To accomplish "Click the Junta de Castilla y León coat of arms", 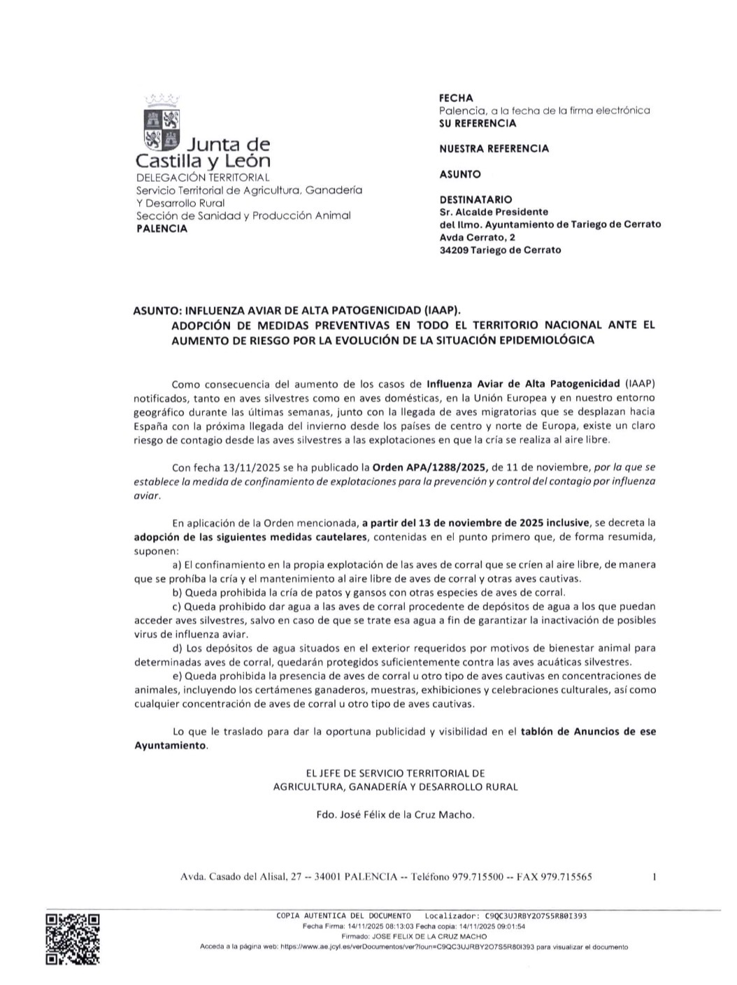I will coord(162,122).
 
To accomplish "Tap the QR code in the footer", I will coord(72,939).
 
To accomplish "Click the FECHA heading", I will coord(456,98).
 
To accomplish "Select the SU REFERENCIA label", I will coord(478,123).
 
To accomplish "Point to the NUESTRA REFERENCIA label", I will coord(494,148).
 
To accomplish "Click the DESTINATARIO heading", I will coord(475,199).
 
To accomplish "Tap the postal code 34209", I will coord(454,250).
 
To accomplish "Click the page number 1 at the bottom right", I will coord(654,876).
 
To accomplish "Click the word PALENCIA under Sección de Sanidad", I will coord(162,229).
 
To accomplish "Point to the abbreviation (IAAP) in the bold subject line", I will coord(443,310).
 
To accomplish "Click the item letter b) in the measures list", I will coord(177,593).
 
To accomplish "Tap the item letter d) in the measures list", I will coord(177,649).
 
